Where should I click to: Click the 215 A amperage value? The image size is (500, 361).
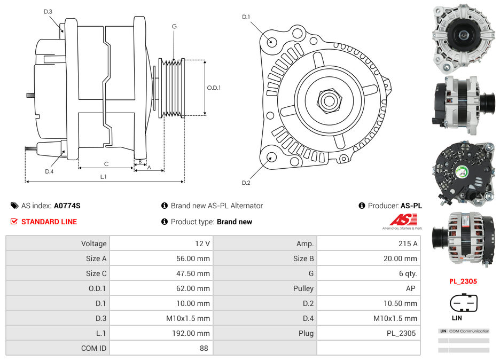coord(408,244)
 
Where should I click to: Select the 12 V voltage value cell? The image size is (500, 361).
coord(202,244)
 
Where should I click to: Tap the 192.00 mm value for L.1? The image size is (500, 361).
coord(195,333)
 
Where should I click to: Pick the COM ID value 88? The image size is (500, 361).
coord(205,348)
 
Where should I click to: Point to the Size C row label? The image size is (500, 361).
coord(96,273)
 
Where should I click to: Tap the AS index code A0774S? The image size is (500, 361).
coord(67,206)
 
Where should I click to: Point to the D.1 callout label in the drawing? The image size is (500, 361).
coord(246,17)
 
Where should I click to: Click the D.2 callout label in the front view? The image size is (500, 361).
coord(246,183)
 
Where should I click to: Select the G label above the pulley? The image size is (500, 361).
coord(174,27)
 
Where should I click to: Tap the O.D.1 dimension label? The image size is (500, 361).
coord(214,88)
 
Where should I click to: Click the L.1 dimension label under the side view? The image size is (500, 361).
coord(104,176)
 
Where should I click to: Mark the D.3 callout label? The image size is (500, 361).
coord(48,11)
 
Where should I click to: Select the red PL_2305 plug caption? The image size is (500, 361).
coord(463,281)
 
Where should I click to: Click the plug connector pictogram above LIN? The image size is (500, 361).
coord(463,303)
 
